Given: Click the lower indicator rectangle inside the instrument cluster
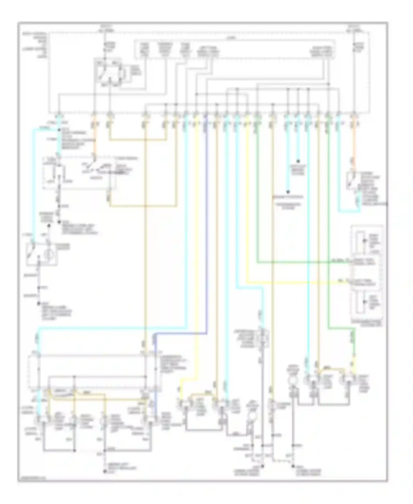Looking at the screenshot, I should click(x=360, y=302).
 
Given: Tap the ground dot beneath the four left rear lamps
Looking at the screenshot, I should click(x=104, y=472).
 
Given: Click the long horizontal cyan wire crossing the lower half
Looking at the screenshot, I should click(x=110, y=328).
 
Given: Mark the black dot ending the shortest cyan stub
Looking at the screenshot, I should click(x=298, y=161).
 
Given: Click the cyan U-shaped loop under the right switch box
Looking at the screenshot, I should click(x=349, y=211).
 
